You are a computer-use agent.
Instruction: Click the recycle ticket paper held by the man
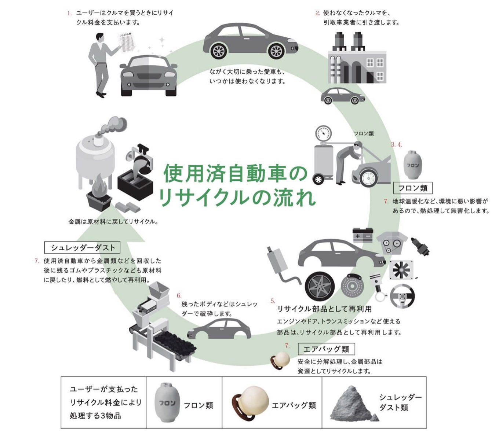tap(127, 43)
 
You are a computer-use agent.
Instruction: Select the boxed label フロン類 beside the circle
tap(413, 188)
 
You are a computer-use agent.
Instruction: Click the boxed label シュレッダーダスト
tap(82, 247)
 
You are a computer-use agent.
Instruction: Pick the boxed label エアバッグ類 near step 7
tap(326, 349)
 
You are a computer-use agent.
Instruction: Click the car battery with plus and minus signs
tap(363, 235)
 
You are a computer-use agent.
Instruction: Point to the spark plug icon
tap(420, 246)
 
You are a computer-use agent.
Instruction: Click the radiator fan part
tap(401, 270)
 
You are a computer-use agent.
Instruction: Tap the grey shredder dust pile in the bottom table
tap(352, 403)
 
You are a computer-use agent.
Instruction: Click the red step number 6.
tap(179, 295)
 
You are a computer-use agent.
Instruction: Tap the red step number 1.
tap(69, 13)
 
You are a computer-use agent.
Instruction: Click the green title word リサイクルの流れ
tap(237, 197)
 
